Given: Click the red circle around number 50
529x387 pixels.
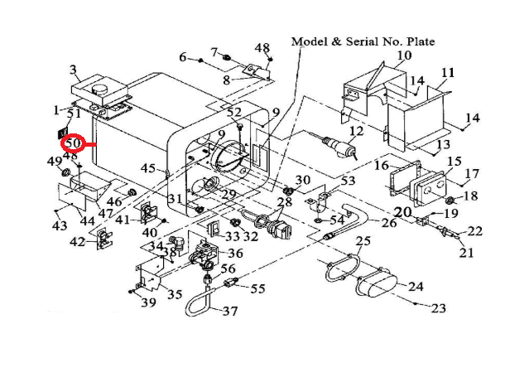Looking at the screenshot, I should [75, 144].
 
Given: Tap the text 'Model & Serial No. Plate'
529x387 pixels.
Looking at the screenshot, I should [362, 41].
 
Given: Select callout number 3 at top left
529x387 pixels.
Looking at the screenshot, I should [73, 70].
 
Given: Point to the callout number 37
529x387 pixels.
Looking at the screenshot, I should [227, 312].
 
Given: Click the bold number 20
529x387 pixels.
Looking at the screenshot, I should [402, 212].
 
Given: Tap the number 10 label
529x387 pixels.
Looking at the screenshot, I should [403, 56].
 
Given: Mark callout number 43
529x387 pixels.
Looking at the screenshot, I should [59, 225].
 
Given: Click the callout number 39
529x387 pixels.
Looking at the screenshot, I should [148, 302].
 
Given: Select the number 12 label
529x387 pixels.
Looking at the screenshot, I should [356, 131].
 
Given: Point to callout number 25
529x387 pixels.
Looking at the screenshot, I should [363, 241].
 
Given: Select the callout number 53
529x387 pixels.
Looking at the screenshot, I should [348, 180].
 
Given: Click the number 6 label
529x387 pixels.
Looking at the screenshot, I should [183, 56].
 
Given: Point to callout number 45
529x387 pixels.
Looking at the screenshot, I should [148, 168].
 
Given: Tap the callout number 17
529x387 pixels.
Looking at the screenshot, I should [473, 174].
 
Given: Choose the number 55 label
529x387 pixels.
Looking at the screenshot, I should [257, 288].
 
